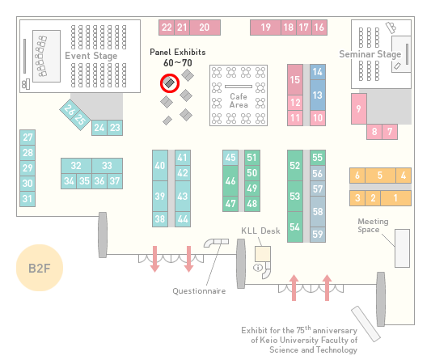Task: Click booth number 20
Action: (205, 28)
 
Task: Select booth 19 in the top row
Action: (265, 28)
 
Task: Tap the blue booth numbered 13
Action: (318, 95)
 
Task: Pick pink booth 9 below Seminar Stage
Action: (359, 109)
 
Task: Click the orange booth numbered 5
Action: (380, 176)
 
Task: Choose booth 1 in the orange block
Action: (395, 198)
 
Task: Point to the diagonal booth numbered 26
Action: (69, 109)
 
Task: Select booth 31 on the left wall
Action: (27, 199)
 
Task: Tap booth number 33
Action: (107, 166)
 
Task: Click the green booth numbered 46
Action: (230, 181)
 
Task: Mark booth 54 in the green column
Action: (295, 227)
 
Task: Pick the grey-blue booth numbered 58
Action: (318, 211)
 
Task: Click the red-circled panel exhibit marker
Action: (170, 83)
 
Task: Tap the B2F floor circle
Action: (40, 268)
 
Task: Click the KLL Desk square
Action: (263, 254)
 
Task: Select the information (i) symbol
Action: (258, 267)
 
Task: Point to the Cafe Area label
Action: (239, 100)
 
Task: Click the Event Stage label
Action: (91, 56)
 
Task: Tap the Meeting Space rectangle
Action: (402, 248)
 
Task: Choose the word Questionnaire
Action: (199, 291)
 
